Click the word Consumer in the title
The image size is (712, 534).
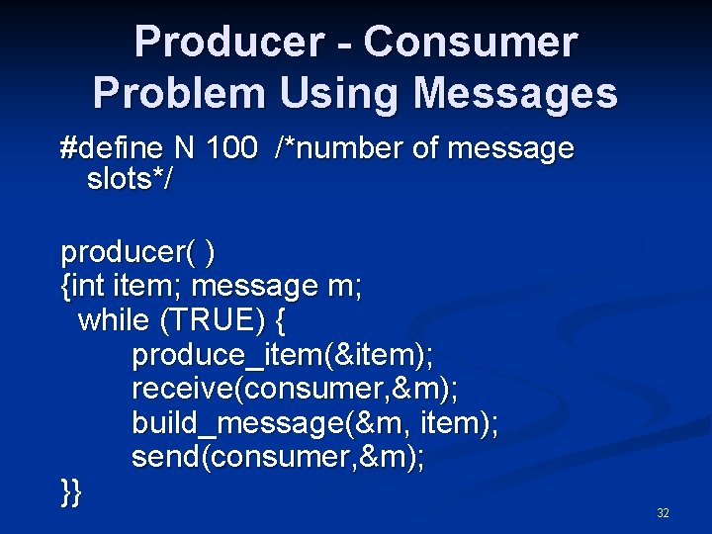pyautogui.click(x=470, y=43)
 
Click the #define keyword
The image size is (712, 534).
pyautogui.click(x=114, y=149)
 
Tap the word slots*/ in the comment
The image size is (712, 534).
pyautogui.click(x=130, y=180)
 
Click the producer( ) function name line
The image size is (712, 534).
pyautogui.click(x=137, y=253)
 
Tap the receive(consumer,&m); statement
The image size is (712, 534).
pyautogui.click(x=295, y=389)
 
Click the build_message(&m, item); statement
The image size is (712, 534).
pyautogui.click(x=315, y=423)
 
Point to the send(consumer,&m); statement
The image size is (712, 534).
pyautogui.click(x=278, y=457)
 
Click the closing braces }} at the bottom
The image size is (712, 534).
pyautogui.click(x=71, y=491)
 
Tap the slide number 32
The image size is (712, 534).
pyautogui.click(x=663, y=513)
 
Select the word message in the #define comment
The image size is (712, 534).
pyautogui.click(x=510, y=149)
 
